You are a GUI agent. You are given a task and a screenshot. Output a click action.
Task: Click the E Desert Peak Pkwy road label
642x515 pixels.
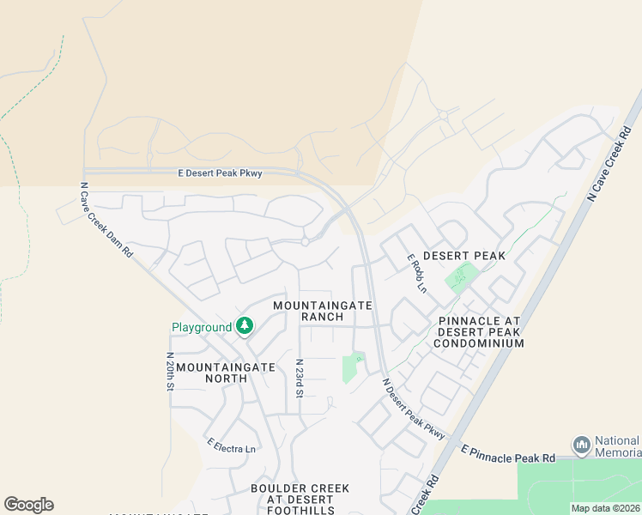pos(221,173)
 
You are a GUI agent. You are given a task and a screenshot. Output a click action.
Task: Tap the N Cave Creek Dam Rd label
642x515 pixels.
pos(107,220)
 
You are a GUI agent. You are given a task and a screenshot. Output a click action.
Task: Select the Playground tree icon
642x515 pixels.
pos(245,326)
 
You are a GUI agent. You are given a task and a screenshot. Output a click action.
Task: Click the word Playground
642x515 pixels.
pos(202,327)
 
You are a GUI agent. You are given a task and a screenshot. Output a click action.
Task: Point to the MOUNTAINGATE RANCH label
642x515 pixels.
pos(323,311)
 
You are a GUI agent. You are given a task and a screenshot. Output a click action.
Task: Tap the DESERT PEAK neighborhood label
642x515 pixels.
pos(463,256)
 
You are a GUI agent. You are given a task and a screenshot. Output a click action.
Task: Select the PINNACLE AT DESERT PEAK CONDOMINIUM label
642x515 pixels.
pos(479,332)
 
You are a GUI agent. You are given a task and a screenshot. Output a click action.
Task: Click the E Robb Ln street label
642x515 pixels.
pos(416,273)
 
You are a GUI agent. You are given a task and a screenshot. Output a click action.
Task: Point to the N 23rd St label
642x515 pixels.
pos(300,379)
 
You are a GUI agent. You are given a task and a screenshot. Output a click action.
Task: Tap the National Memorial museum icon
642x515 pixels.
pos(582,445)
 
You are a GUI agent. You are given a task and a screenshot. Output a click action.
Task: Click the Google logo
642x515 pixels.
pos(28,505)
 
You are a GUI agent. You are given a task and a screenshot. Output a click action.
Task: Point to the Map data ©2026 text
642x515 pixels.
pos(605,508)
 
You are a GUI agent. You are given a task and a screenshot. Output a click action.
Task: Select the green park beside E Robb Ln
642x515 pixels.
pos(461,277)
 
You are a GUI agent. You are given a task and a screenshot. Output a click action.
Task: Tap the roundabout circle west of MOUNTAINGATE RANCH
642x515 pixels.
pos(305,242)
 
